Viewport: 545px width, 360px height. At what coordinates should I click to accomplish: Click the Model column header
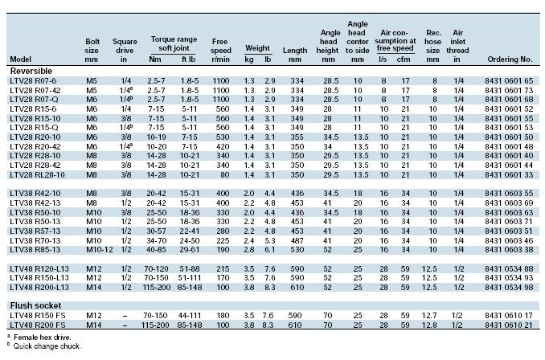[21, 59]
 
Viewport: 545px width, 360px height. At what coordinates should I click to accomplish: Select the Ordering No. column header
[510, 59]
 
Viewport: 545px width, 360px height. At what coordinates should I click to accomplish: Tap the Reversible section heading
[31, 71]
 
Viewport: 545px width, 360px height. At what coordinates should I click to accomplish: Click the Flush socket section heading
[35, 305]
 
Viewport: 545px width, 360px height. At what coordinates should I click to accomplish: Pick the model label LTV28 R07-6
[33, 81]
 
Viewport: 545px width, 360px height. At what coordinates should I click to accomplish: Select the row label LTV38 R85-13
[35, 249]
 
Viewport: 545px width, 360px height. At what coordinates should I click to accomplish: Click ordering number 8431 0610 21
[509, 325]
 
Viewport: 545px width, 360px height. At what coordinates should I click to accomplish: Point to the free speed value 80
[224, 174]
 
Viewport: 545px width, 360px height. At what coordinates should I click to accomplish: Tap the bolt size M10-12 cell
[100, 249]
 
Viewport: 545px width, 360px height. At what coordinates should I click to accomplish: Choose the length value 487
[297, 240]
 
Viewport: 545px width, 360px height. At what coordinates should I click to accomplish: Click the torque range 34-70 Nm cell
[157, 240]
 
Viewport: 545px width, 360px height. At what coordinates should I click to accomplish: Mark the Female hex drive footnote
[42, 337]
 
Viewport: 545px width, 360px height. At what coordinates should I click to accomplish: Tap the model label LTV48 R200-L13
[39, 288]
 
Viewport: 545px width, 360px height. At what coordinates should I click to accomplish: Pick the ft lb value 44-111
[190, 316]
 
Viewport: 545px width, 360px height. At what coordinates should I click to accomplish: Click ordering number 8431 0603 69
[509, 202]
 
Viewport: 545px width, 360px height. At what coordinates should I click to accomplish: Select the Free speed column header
[220, 51]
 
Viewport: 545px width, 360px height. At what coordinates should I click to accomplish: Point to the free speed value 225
[223, 240]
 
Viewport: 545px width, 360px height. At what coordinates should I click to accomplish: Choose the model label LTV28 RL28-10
[37, 174]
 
